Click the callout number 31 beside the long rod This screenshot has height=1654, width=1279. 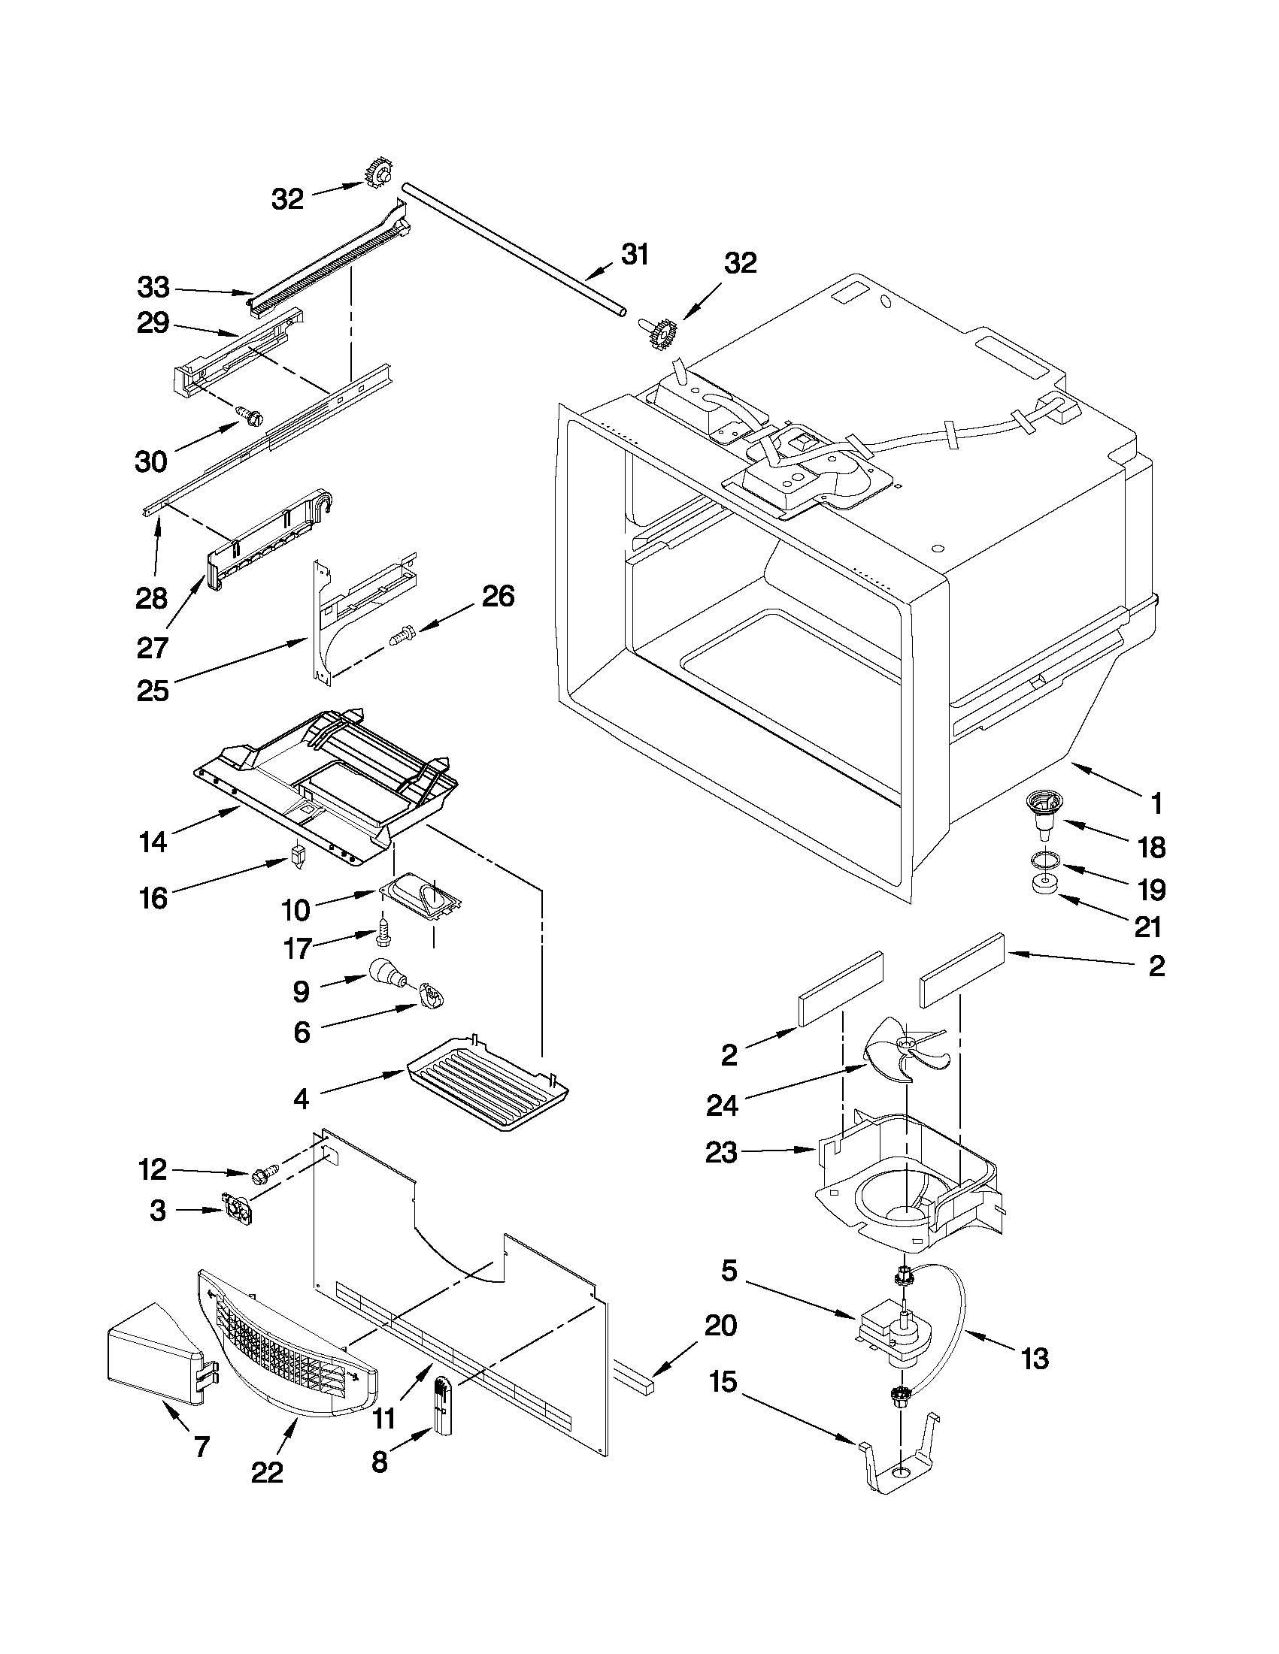634,255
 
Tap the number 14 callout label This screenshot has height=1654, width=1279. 153,842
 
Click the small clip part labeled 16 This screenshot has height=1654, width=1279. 297,857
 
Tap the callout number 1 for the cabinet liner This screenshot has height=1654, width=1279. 1156,803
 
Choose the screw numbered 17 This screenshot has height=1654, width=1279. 383,934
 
